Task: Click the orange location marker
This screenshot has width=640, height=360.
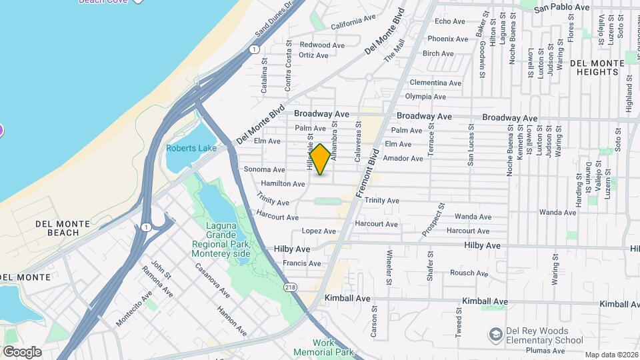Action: click(320, 159)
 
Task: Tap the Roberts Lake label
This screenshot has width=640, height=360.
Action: click(191, 148)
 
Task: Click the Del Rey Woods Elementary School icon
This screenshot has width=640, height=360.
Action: click(495, 333)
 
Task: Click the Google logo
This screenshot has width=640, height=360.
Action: click(22, 352)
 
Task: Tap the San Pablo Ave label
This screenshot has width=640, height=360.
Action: click(562, 7)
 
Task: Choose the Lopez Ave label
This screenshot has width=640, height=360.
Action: click(318, 231)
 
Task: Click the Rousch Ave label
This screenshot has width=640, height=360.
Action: click(469, 273)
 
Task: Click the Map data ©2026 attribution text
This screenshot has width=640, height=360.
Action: click(611, 355)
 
